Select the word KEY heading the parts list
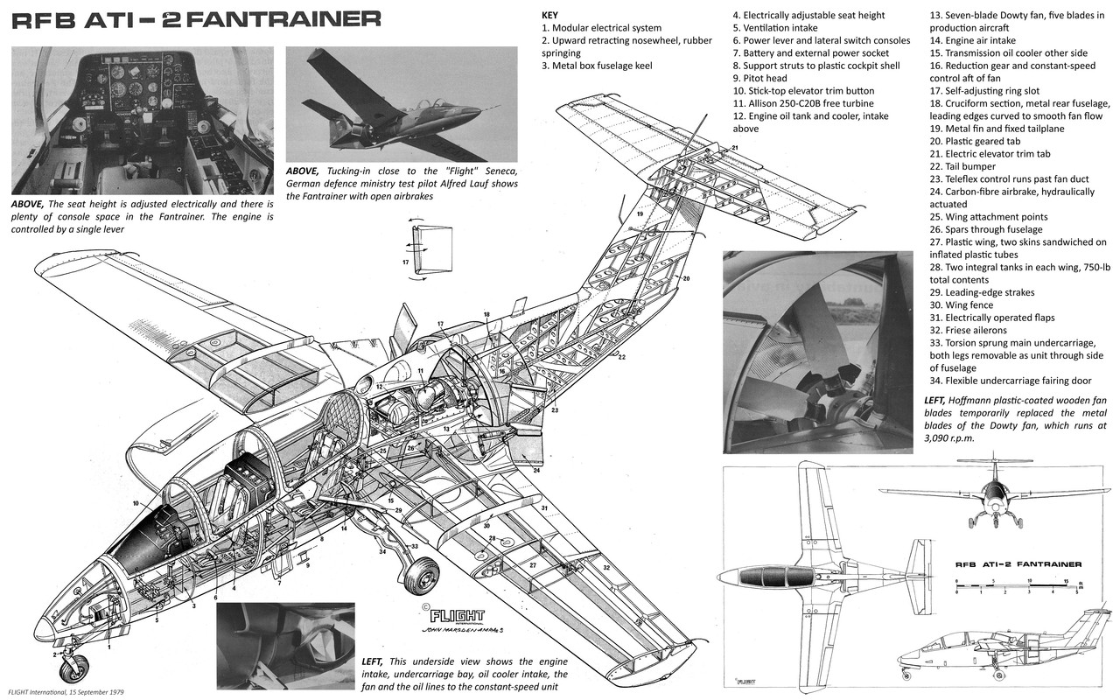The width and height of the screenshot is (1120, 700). pos(549,15)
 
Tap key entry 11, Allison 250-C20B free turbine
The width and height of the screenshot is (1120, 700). pos(804,103)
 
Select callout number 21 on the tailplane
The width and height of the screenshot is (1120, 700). pos(734,148)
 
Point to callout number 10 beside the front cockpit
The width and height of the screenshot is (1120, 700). pos(137,503)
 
